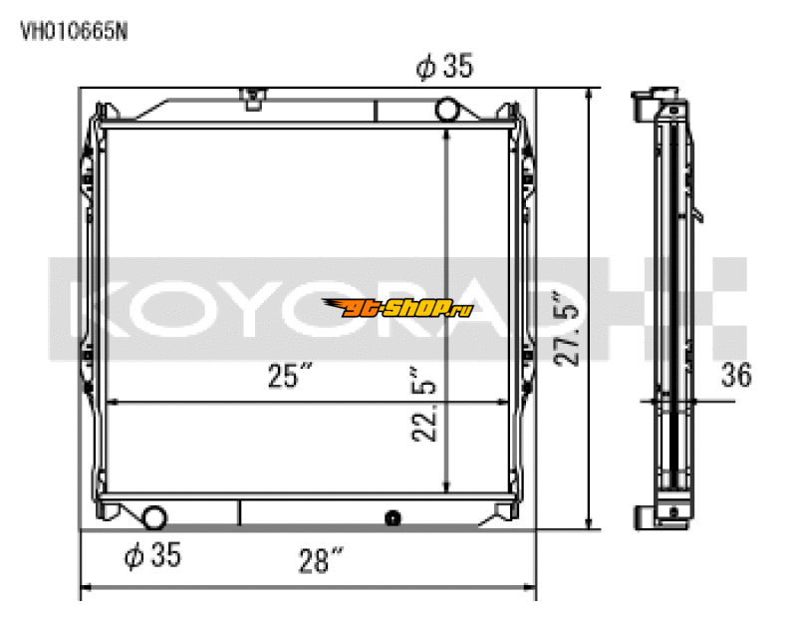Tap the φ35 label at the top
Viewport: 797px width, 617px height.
(444, 67)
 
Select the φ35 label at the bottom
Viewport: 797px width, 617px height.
(152, 556)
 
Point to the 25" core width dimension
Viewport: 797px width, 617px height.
(290, 377)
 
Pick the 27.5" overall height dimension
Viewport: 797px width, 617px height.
(570, 327)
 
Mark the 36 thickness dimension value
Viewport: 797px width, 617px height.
(736, 375)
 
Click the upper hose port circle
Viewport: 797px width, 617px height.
(448, 106)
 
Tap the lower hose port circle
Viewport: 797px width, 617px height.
(154, 516)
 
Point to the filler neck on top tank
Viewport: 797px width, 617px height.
(253, 98)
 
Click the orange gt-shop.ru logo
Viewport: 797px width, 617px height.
(398, 307)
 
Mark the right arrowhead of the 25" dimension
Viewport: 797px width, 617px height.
(504, 403)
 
